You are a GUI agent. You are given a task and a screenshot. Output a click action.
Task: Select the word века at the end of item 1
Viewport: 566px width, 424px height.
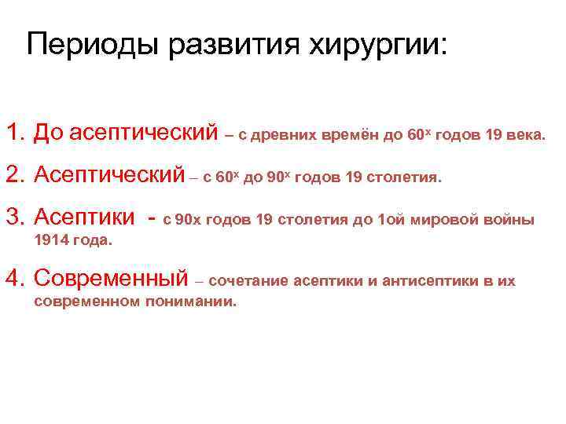525,135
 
